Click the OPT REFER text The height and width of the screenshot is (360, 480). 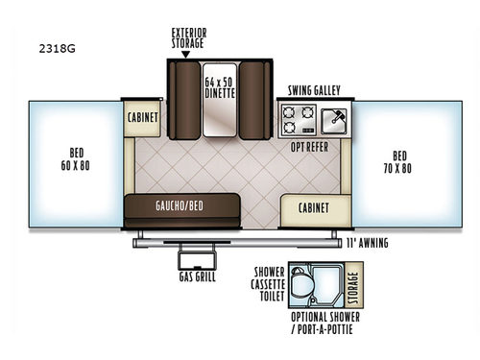[311, 149]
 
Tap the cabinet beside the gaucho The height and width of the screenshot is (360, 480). [313, 206]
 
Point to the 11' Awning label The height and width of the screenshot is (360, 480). [367, 243]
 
